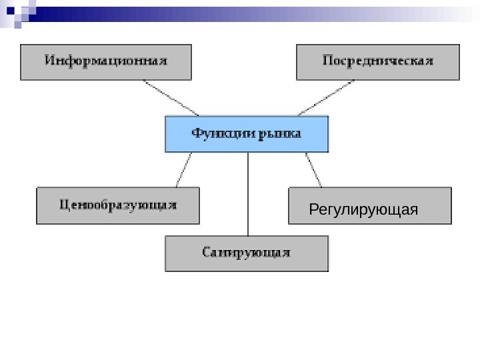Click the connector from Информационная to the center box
point(171,98)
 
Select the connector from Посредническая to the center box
point(327,98)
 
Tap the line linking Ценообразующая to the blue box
point(183,169)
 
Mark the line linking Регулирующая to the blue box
point(313,169)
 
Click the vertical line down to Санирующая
point(248,193)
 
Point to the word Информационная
point(106,61)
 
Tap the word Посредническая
point(378,61)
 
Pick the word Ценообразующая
point(117,205)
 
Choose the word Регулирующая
point(364,211)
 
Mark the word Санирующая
point(247,253)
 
